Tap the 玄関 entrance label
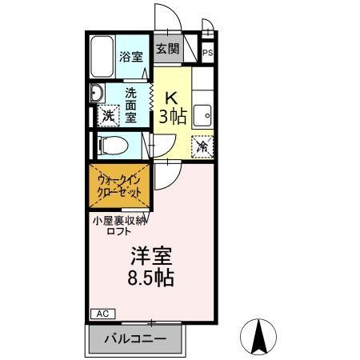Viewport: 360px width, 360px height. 167,49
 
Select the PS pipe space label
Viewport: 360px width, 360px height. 208,54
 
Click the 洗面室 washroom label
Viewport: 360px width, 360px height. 131,104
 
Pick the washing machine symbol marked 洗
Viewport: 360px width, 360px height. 107,115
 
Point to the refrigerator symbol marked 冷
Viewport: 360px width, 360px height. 202,147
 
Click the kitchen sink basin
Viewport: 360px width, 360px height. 203,115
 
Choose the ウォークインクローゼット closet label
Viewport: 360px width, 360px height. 118,186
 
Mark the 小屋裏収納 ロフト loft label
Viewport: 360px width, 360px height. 118,225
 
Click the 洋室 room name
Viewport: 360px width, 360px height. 152,258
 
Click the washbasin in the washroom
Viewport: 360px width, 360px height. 96,90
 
